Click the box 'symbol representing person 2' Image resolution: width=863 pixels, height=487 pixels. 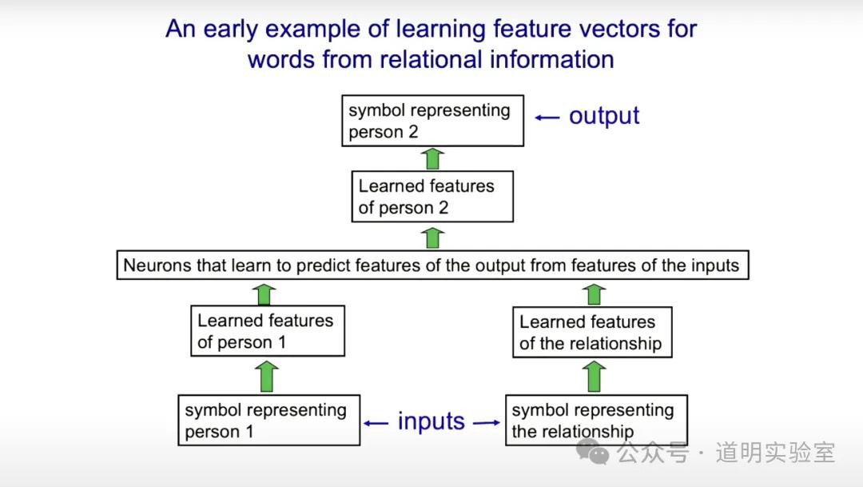pos(432,121)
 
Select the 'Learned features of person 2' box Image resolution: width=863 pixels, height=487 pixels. pos(432,197)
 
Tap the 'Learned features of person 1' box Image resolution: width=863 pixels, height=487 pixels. pos(268,331)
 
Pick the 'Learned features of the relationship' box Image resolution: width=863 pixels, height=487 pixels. pos(591,333)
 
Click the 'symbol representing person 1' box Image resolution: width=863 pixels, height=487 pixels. pos(269,421)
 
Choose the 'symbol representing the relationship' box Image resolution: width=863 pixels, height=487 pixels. pos(595,421)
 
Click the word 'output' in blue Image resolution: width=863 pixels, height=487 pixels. pos(604,116)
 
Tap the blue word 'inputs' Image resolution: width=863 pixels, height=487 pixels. pos(431,421)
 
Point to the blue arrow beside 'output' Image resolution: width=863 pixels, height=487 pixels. pos(547,117)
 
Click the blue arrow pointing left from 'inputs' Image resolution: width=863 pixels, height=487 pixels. pos(376,422)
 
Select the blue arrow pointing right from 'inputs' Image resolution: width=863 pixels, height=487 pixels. pos(487,422)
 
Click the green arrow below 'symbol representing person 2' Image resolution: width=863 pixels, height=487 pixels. pos(433,158)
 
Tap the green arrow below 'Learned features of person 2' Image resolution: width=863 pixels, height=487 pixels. pos(433,238)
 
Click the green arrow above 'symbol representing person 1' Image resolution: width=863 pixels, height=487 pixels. pos(268,376)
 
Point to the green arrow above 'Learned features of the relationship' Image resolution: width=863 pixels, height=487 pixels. pos(593,293)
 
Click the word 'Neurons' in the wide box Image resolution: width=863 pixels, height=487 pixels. pos(157,265)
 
